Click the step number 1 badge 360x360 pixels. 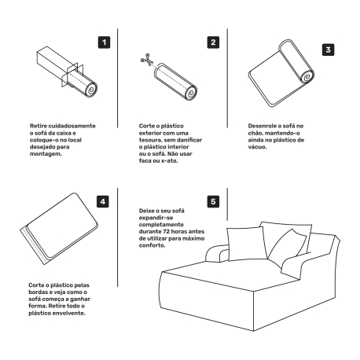104,42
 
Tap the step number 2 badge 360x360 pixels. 213,42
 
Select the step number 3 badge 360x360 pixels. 328,50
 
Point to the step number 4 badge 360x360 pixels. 103,202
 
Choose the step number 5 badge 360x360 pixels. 213,202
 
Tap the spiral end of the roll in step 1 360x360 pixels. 91,90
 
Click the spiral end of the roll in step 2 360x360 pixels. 190,93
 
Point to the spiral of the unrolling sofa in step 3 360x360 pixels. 307,78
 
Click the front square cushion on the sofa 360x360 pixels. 246,244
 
